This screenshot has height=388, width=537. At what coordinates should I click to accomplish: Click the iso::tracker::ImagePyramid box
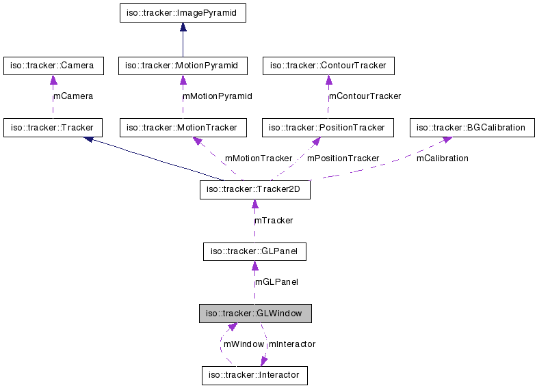click(x=182, y=12)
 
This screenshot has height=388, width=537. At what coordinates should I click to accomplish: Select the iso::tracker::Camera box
click(x=53, y=66)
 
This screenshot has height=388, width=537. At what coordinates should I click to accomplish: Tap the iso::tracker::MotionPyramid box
click(x=182, y=66)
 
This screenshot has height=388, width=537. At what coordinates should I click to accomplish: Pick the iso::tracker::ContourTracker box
click(x=328, y=66)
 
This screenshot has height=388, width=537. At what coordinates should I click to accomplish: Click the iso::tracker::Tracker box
click(x=53, y=128)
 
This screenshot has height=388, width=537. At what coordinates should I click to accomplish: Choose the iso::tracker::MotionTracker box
click(x=183, y=128)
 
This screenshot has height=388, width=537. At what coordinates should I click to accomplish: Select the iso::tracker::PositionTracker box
click(x=328, y=128)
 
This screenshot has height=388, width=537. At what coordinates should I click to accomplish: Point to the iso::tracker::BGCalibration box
click(x=471, y=128)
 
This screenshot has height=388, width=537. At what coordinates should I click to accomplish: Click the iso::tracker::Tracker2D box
click(x=254, y=190)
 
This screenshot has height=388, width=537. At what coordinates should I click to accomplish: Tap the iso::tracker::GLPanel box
click(x=254, y=252)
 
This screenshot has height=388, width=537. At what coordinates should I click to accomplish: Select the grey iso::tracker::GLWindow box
click(x=254, y=314)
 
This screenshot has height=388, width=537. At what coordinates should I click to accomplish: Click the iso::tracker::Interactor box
click(x=254, y=375)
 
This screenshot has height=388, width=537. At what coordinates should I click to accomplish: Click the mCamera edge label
click(x=73, y=96)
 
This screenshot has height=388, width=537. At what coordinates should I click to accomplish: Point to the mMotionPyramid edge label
click(x=217, y=96)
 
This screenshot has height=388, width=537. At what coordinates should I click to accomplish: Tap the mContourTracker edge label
click(x=365, y=96)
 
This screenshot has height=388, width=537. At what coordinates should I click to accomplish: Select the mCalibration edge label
click(x=442, y=158)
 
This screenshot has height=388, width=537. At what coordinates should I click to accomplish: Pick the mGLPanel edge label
click(x=276, y=282)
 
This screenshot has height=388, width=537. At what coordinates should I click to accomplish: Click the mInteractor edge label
click(x=292, y=344)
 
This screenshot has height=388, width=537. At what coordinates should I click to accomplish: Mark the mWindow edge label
click(x=244, y=344)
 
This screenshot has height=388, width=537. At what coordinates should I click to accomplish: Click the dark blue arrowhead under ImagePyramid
click(x=183, y=28)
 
